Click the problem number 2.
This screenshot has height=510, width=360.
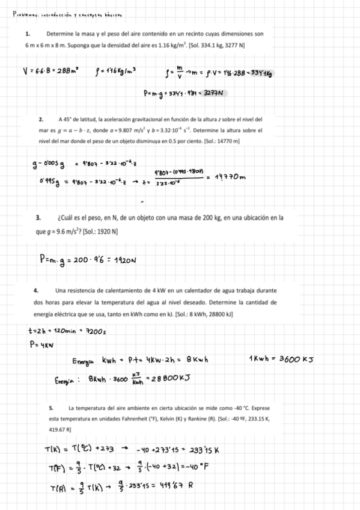pyautogui.click(x=40, y=119)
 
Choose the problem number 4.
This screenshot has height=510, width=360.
pyautogui.click(x=37, y=291)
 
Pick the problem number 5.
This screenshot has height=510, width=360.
pyautogui.click(x=51, y=408)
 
